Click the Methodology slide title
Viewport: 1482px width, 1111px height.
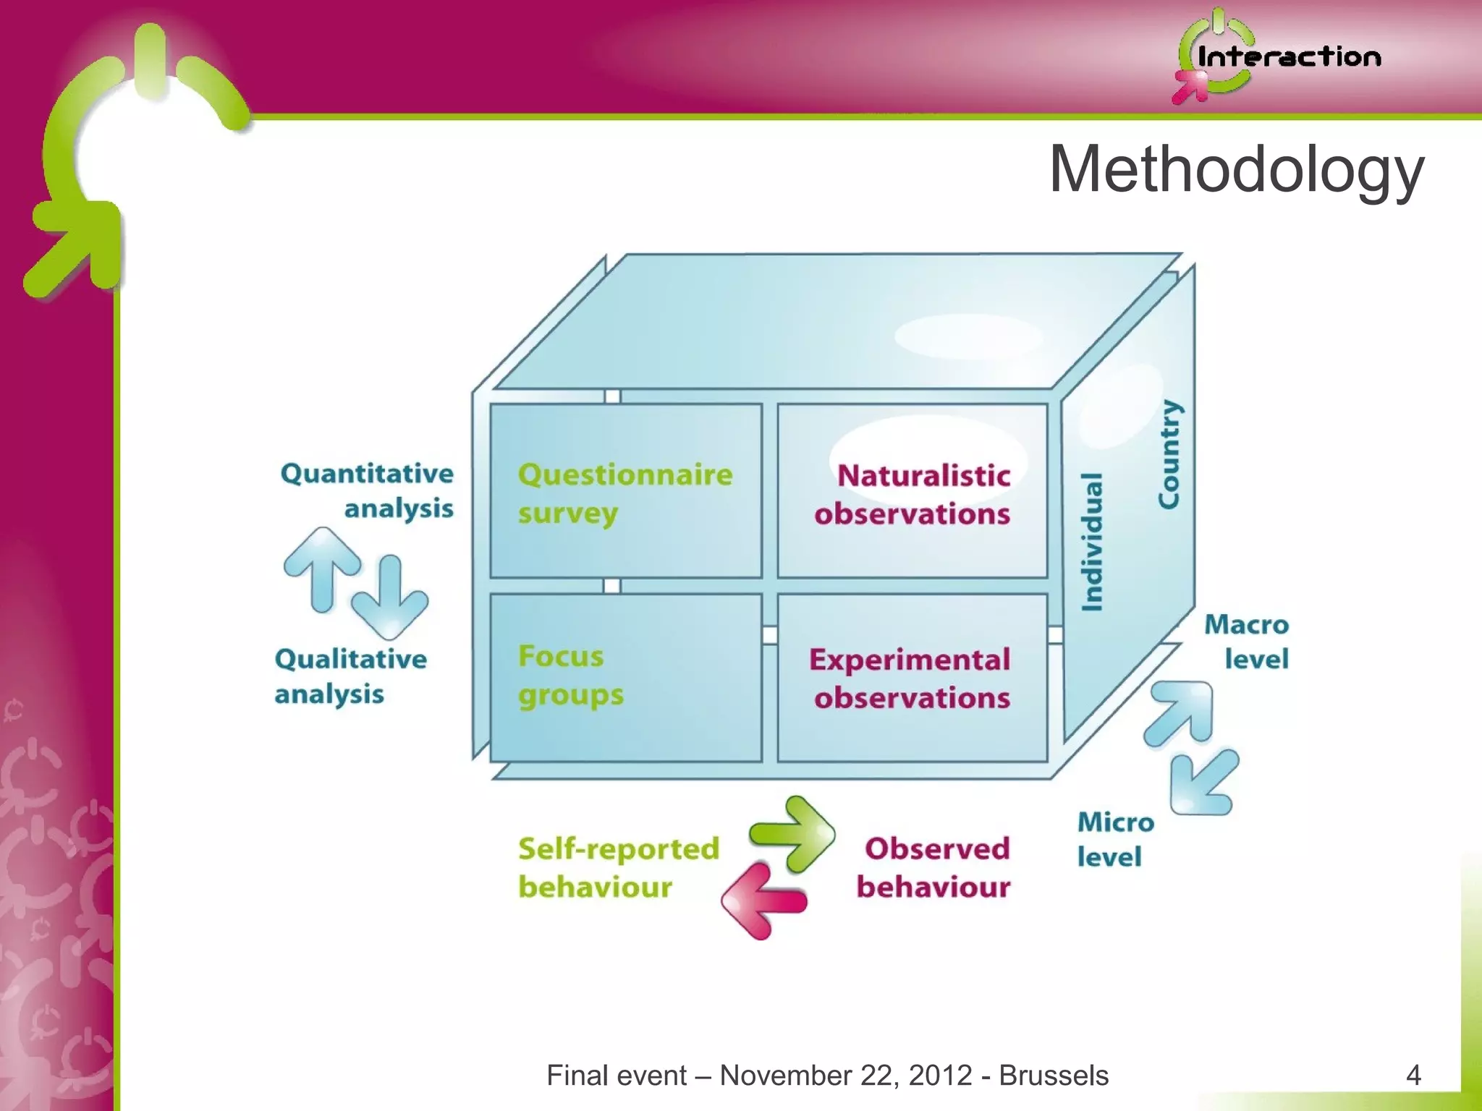(x=1236, y=169)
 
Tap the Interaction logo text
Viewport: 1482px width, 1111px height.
(x=1289, y=57)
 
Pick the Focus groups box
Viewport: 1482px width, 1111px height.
(x=626, y=676)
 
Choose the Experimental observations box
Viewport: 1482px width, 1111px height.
(x=912, y=678)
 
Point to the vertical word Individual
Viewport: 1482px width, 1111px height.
(x=1092, y=542)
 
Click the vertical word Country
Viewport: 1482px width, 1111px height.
(x=1168, y=454)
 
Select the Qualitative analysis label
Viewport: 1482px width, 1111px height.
(x=350, y=676)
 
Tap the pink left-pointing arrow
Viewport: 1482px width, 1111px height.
(x=763, y=901)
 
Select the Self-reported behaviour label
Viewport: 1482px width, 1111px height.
(x=618, y=867)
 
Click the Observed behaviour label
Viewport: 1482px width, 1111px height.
(x=933, y=867)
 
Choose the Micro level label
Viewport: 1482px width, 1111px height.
(x=1114, y=839)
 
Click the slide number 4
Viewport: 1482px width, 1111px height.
(x=1413, y=1075)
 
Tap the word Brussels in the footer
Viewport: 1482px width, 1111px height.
(x=1054, y=1076)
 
